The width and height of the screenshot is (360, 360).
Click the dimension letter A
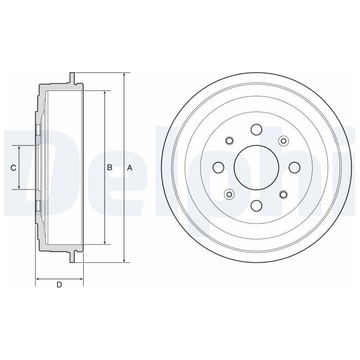(x=130, y=168)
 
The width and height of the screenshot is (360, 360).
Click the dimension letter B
(x=110, y=167)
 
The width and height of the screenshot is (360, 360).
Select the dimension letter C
(x=13, y=168)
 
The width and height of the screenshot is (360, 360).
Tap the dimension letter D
(x=59, y=285)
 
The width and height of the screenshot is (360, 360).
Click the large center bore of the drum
(x=256, y=167)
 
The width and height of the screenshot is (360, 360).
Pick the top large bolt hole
(x=256, y=130)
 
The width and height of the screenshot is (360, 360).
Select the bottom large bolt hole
(x=256, y=206)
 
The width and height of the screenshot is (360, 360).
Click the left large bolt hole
(x=219, y=167)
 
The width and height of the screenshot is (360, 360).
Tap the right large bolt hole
(x=294, y=167)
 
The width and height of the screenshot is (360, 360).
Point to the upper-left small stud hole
(x=229, y=141)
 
